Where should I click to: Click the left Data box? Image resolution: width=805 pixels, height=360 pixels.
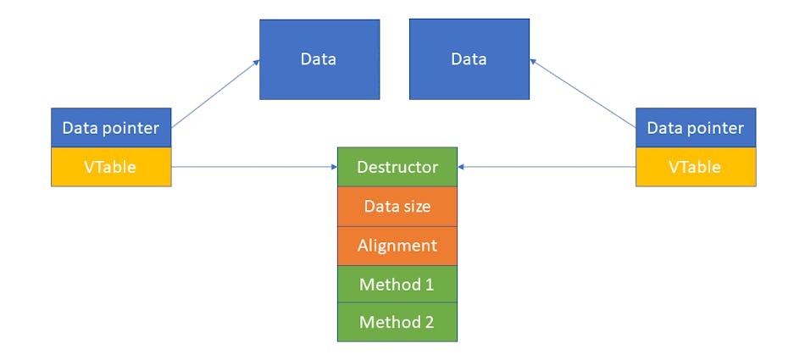[319, 59]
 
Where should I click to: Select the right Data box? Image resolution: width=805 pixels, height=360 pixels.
[469, 59]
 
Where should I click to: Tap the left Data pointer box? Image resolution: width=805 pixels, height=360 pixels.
[111, 128]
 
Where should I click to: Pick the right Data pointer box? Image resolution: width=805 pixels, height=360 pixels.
[695, 128]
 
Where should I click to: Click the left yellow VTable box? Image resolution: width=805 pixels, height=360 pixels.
[111, 167]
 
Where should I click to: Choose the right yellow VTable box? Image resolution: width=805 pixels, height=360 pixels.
[695, 167]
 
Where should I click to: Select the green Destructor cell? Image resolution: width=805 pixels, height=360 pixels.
[397, 167]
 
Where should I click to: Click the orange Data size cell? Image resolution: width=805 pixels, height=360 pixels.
[397, 206]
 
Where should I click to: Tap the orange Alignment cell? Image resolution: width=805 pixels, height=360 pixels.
[397, 245]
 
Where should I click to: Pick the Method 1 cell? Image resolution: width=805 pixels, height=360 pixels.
[397, 284]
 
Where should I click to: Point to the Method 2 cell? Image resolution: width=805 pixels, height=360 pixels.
[397, 322]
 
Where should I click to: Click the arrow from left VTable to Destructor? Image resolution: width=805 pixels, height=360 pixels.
[254, 167]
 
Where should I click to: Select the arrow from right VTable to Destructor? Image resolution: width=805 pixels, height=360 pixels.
[547, 167]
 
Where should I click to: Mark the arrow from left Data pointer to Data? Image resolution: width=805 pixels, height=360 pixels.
[215, 94]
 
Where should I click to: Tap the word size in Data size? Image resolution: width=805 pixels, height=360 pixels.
[416, 206]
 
